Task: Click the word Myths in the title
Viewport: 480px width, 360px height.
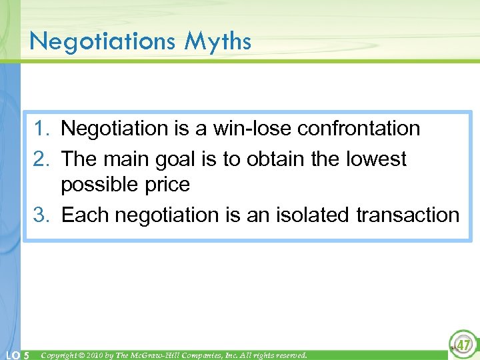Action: click(x=218, y=42)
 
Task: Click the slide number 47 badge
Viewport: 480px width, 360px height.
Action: click(x=461, y=345)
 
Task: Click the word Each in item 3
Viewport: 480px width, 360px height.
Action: click(x=85, y=215)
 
